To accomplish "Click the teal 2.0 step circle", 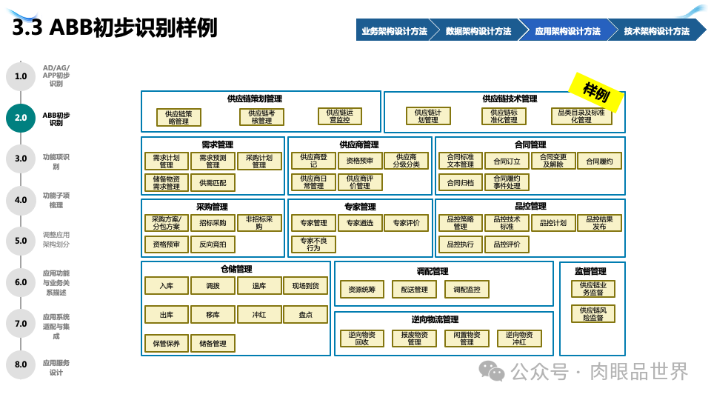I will [x=21, y=118].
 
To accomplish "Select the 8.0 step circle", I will [x=21, y=364].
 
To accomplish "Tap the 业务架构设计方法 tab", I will [x=394, y=31].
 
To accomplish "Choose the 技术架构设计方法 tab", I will [x=656, y=31].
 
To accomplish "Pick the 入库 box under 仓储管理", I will [x=167, y=285].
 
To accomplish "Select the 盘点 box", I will [x=305, y=315].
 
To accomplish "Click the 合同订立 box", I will [x=507, y=161].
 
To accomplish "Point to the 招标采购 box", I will [x=213, y=223].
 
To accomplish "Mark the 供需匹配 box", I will [x=213, y=181].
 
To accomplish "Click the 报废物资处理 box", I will [x=414, y=338].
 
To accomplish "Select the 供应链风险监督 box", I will [x=592, y=313].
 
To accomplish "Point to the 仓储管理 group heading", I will [x=236, y=269].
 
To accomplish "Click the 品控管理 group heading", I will [x=530, y=206].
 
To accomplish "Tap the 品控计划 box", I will [x=553, y=223].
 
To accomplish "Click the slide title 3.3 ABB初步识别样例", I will [x=116, y=27].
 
